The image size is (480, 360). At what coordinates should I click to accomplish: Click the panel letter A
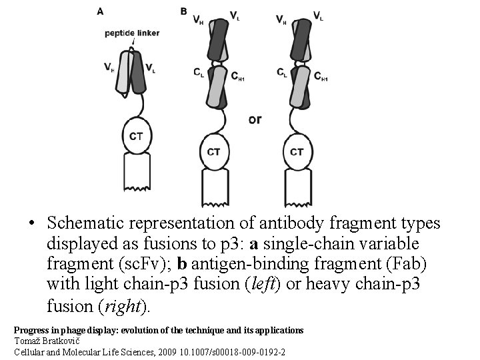(x=100, y=11)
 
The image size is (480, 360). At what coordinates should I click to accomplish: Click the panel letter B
(x=183, y=11)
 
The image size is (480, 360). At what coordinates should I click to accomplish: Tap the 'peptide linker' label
(x=131, y=33)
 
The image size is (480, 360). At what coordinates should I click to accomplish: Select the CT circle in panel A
(x=135, y=136)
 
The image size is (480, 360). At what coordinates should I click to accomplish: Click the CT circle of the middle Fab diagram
(x=213, y=152)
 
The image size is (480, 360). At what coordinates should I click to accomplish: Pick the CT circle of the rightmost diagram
(x=297, y=152)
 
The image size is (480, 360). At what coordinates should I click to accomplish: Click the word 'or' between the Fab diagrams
(x=255, y=120)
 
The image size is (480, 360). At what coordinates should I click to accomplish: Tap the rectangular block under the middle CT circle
(x=213, y=186)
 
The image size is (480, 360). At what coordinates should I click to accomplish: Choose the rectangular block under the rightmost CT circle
(x=297, y=186)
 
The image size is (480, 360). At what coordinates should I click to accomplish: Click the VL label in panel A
(x=151, y=67)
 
